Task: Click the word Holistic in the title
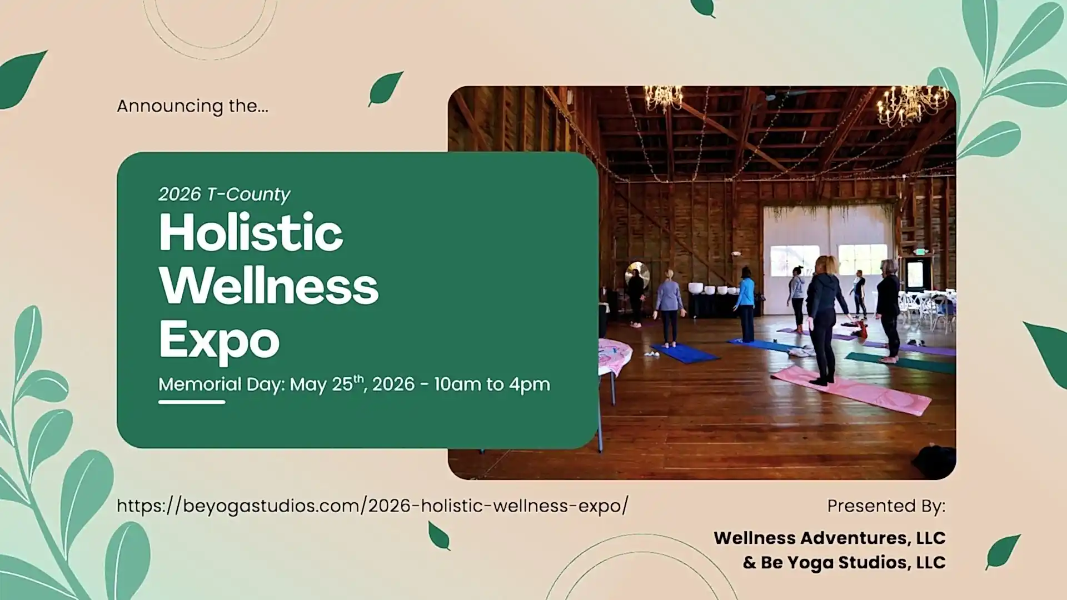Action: (x=251, y=232)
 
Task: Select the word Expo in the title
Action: (x=219, y=341)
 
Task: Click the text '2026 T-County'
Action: (x=224, y=194)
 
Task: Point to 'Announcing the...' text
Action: (x=193, y=106)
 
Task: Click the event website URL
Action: (x=372, y=506)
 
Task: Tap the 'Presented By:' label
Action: (x=886, y=506)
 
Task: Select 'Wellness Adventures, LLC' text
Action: (x=830, y=538)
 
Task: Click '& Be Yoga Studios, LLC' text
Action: (x=844, y=562)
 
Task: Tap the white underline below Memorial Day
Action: (x=192, y=402)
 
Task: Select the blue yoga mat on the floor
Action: (x=684, y=353)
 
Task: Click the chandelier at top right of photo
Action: (x=911, y=105)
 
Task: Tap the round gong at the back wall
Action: (x=637, y=274)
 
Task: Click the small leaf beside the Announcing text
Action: (x=386, y=88)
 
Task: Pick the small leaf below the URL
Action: (x=439, y=536)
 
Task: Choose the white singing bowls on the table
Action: (x=712, y=289)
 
